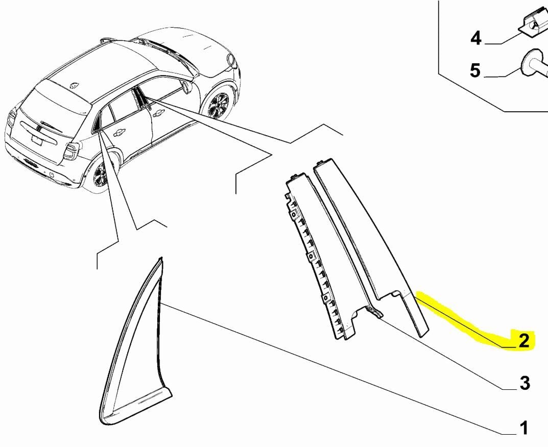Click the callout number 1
coord(523,428)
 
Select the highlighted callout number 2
coord(524,340)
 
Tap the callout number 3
coord(525,383)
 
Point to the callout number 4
coord(475,38)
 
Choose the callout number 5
coord(475,70)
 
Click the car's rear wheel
coord(100,174)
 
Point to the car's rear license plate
coord(36,141)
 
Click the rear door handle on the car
coord(120,132)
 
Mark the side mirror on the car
coord(187,87)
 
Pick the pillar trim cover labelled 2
coord(371,244)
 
